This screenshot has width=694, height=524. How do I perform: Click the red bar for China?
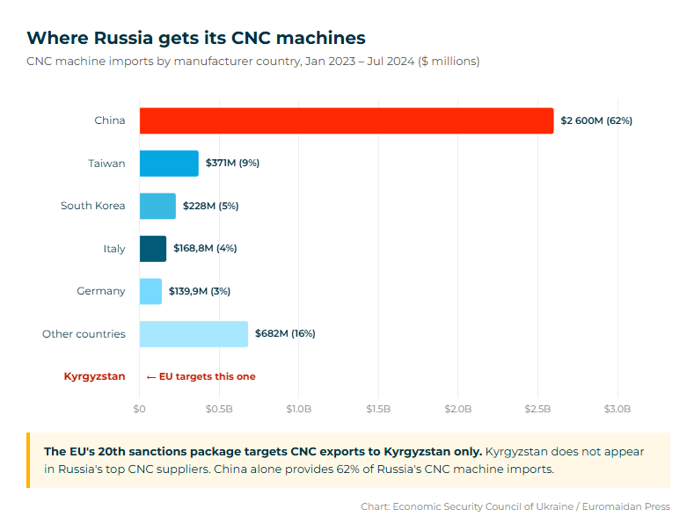tap(347, 120)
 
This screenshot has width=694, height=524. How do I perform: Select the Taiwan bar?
tap(169, 164)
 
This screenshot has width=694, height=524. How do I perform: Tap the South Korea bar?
tap(157, 206)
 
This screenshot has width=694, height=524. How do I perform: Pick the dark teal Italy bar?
tap(152, 249)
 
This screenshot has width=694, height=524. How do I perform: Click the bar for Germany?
tap(150, 291)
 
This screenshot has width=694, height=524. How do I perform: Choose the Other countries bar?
tap(194, 334)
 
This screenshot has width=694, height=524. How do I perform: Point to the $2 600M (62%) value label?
tap(596, 120)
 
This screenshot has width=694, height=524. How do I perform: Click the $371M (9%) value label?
tap(232, 164)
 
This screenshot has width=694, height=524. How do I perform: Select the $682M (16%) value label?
tap(285, 334)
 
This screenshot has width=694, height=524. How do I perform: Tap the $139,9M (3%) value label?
tap(200, 291)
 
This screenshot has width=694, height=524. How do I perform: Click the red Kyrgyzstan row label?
tap(94, 376)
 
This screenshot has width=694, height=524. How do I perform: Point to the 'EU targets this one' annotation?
tap(201, 376)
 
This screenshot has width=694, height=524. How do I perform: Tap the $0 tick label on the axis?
tap(139, 409)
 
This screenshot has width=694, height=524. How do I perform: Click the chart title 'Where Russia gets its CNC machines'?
tap(195, 38)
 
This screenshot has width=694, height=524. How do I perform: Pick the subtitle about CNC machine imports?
tap(252, 62)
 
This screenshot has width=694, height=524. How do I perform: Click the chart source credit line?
tap(515, 506)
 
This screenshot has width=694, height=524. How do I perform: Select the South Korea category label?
tap(92, 206)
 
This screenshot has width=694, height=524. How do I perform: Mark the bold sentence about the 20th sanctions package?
tap(262, 451)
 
